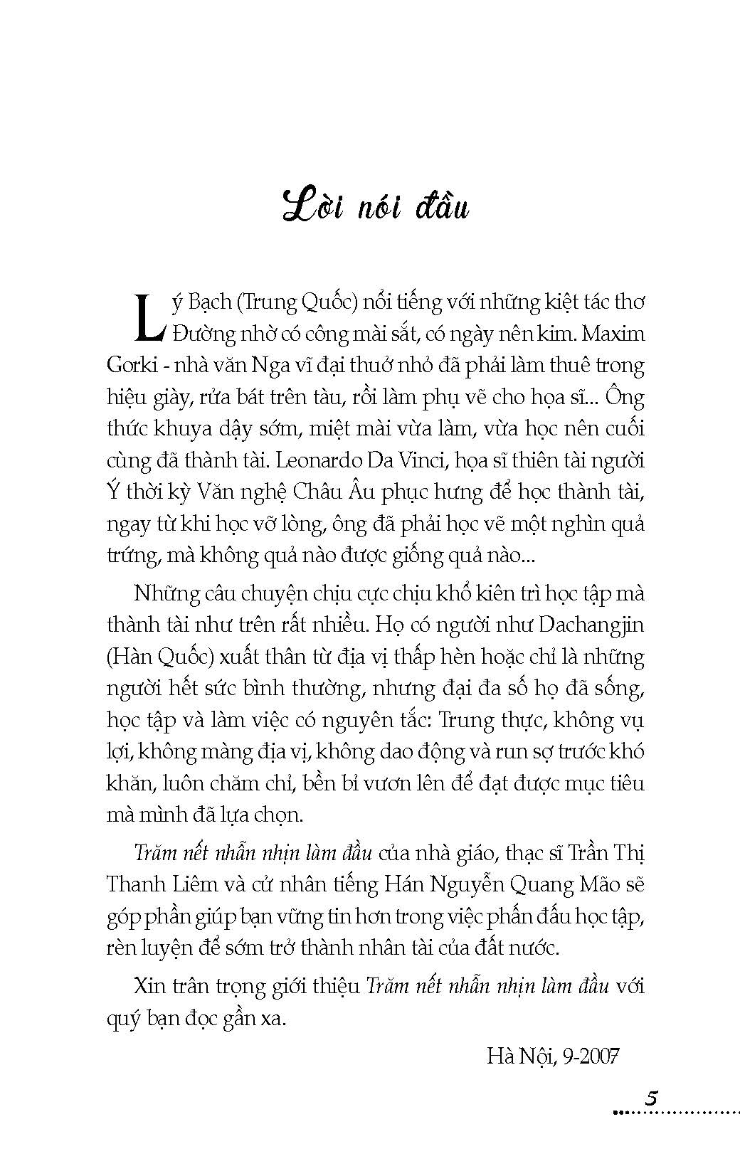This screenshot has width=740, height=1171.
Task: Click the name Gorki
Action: point(126,366)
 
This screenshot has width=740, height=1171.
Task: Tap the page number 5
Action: point(652,1096)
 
